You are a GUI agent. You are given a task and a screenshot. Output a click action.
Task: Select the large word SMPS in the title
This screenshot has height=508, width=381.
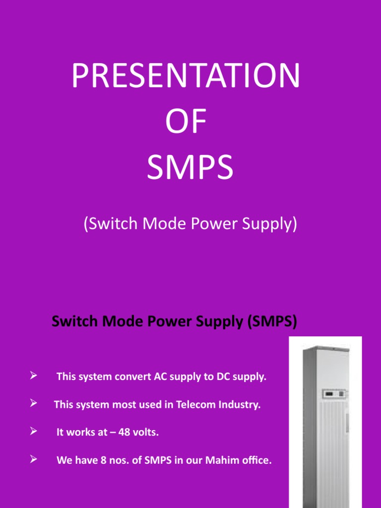point(190,167)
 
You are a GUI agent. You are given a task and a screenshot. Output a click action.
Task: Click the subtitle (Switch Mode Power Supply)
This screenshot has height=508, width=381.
point(190,224)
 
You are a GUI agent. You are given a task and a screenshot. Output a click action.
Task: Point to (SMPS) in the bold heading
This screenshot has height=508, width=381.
point(272,322)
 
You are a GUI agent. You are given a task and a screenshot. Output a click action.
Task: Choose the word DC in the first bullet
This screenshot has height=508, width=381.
point(223,377)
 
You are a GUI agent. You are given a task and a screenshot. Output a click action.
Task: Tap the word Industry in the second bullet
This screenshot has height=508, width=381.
point(239,405)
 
